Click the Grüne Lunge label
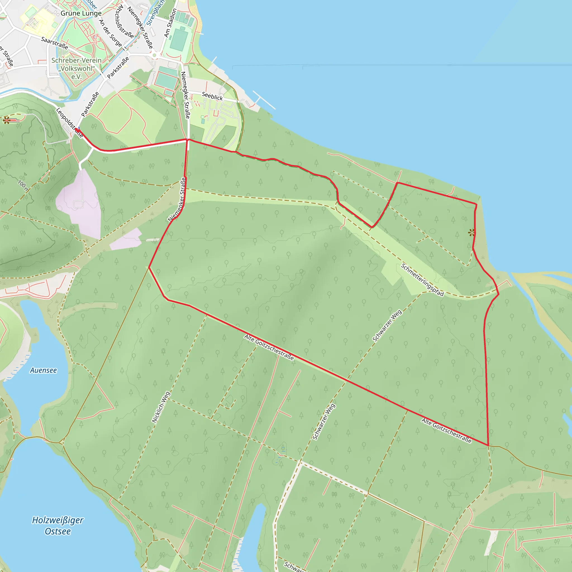(81, 13)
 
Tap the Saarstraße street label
(54, 43)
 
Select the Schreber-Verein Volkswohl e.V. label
(76, 68)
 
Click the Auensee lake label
(43, 370)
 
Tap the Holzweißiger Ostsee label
(58, 526)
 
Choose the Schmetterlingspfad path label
(422, 280)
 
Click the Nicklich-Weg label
(161, 407)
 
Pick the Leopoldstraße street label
(69, 123)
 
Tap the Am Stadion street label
(170, 23)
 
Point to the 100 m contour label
(23, 185)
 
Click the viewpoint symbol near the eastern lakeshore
(471, 233)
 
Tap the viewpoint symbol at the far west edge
(6, 120)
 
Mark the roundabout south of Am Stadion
(154, 55)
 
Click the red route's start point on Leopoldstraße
(77, 130)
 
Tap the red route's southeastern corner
(488, 445)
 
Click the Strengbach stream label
(155, 13)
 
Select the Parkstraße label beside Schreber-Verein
(118, 68)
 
